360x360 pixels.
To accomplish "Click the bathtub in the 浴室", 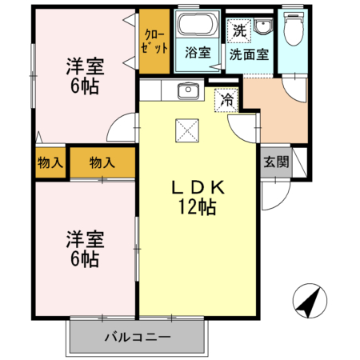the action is click(x=198, y=24).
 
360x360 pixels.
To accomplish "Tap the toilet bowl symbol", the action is click(x=294, y=29).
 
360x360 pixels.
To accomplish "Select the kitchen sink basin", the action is click(x=188, y=90).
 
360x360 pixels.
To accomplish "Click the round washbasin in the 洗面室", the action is click(x=263, y=26).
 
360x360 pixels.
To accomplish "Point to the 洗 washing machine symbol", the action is click(x=239, y=31).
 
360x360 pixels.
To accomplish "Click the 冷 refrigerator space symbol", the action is click(x=226, y=100).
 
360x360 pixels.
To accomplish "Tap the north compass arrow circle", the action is click(x=310, y=301).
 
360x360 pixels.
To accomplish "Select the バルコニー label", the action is click(x=138, y=338).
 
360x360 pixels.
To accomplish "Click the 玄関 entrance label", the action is click(x=276, y=162).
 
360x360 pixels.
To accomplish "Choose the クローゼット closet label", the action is click(x=154, y=42).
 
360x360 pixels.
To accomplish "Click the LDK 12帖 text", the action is click(x=198, y=198).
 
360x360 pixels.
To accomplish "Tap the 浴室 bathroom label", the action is click(x=198, y=53).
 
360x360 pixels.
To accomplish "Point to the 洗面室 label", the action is click(x=249, y=54).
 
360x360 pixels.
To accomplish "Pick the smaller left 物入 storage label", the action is click(x=50, y=162).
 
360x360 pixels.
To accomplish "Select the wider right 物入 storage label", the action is click(x=102, y=162).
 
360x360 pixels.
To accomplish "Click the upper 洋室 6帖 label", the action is click(x=85, y=76).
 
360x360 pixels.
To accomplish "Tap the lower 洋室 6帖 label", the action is click(x=85, y=249).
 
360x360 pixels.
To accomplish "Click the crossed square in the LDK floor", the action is click(x=187, y=130).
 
